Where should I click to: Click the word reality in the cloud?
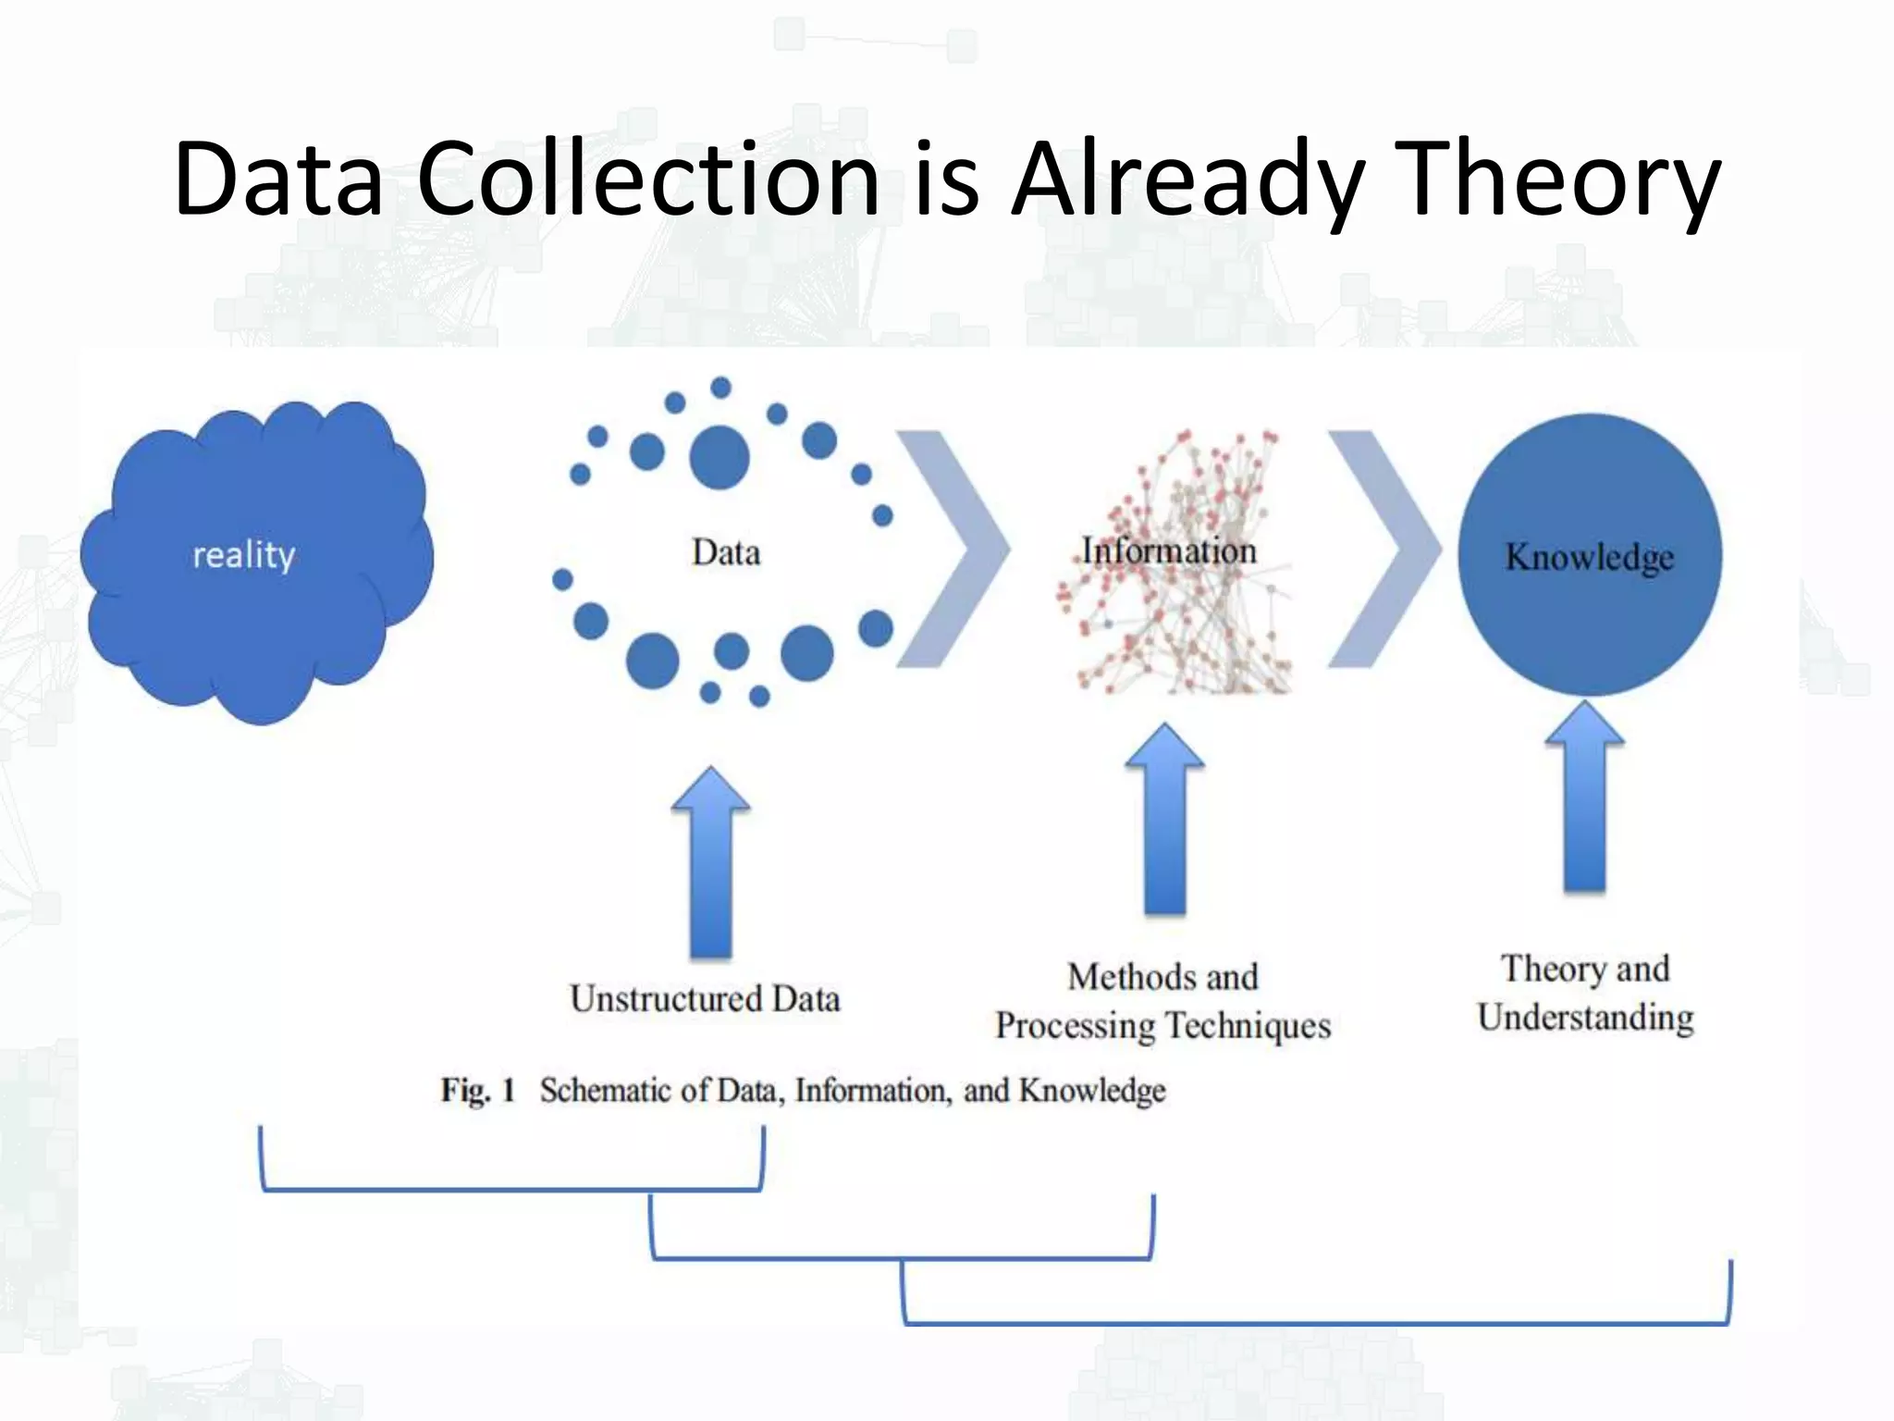pyautogui.click(x=244, y=554)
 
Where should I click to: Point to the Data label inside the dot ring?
pyautogui.click(x=726, y=552)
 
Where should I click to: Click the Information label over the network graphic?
pyautogui.click(x=1169, y=550)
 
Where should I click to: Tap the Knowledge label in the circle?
pyautogui.click(x=1590, y=556)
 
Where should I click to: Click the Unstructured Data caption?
pyautogui.click(x=705, y=999)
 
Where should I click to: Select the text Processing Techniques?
pyautogui.click(x=1162, y=1026)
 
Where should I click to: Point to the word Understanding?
pyautogui.click(x=1585, y=1018)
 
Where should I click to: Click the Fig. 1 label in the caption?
pyautogui.click(x=477, y=1090)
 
